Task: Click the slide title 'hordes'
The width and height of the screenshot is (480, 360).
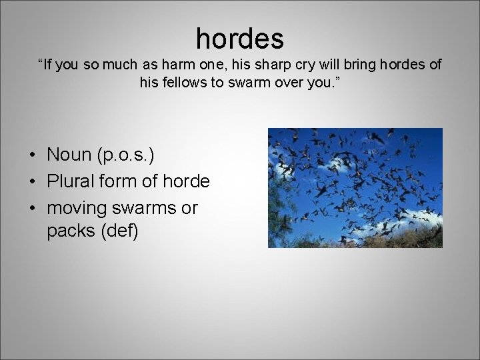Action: point(239,38)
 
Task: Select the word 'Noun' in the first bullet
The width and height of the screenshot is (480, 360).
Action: point(71,155)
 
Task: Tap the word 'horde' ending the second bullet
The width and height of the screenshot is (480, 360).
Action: point(191,181)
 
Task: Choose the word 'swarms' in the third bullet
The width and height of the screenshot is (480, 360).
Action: point(143,208)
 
